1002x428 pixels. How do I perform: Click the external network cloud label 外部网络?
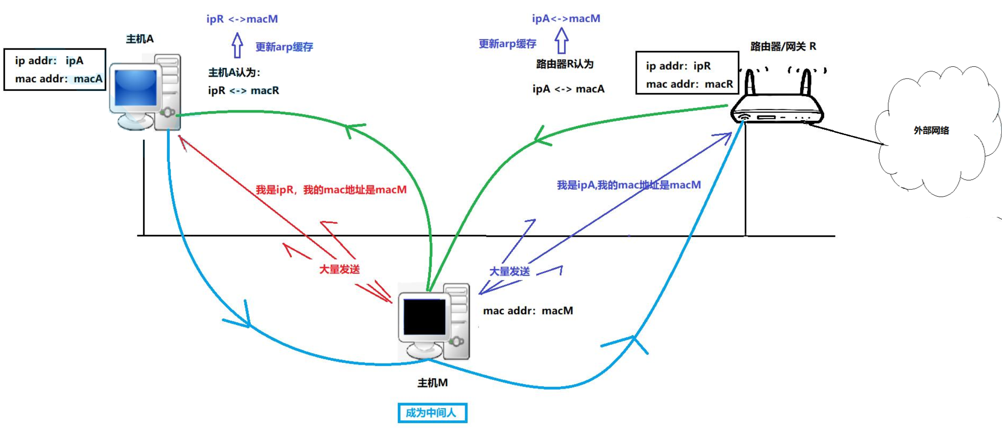[931, 131]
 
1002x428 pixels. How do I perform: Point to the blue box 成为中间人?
[432, 413]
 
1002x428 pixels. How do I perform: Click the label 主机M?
[433, 383]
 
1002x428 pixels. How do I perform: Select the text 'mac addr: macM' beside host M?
[528, 311]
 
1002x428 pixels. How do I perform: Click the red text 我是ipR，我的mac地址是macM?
[331, 190]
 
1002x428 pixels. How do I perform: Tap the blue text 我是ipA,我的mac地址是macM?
[629, 185]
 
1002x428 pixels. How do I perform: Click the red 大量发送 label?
[339, 269]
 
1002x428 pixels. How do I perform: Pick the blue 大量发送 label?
[509, 271]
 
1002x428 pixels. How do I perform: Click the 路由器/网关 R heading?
[783, 46]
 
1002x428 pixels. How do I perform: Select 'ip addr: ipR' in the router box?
[678, 66]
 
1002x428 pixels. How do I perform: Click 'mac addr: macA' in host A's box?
[59, 79]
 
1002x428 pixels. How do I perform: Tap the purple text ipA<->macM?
[566, 19]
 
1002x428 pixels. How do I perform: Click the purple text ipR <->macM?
[242, 19]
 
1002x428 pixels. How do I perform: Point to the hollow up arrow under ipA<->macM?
[561, 41]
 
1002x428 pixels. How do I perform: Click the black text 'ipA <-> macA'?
[568, 89]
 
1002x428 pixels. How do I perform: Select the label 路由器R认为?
[564, 64]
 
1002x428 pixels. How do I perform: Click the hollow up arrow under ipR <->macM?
[238, 45]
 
